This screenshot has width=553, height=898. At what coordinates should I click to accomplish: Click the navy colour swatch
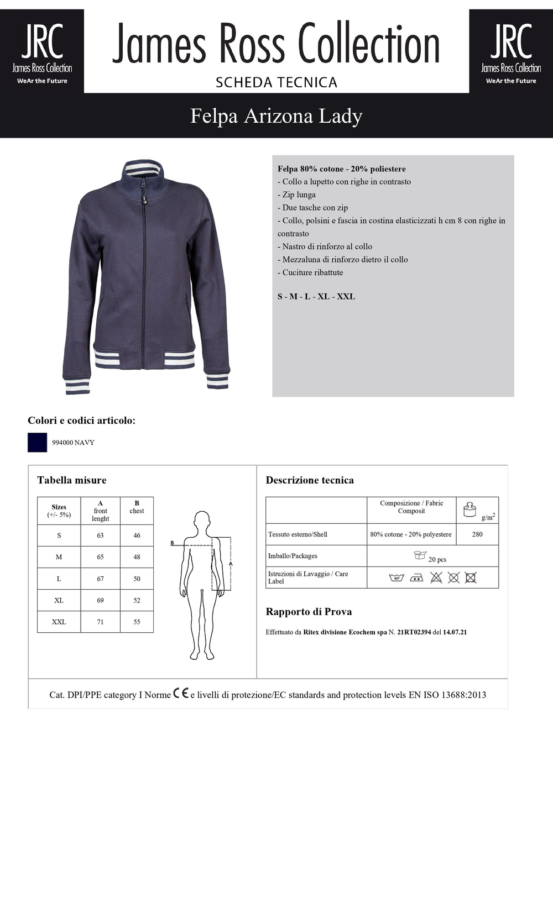click(x=37, y=443)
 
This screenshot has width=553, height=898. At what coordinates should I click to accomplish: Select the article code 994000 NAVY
click(x=73, y=443)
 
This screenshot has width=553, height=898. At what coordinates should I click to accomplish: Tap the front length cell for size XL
click(x=100, y=600)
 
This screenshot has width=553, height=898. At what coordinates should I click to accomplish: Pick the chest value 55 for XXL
click(x=137, y=622)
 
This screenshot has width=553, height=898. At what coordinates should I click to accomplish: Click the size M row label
click(x=59, y=557)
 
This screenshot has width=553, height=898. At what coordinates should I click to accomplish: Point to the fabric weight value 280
click(x=477, y=534)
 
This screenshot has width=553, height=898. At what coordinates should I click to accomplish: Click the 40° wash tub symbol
click(x=397, y=577)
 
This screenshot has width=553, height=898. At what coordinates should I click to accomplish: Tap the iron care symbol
click(x=416, y=577)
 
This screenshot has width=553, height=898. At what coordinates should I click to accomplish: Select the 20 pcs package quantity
click(x=437, y=559)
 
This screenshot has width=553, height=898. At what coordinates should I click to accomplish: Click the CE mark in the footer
click(x=180, y=694)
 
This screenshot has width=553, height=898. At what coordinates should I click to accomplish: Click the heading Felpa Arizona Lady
click(x=276, y=116)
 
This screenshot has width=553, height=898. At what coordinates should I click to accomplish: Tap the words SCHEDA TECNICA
click(x=276, y=82)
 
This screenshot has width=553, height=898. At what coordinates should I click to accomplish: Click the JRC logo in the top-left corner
click(x=42, y=51)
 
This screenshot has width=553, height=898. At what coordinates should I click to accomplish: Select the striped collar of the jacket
click(x=142, y=169)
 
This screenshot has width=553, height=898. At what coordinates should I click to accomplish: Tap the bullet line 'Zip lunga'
click(x=299, y=195)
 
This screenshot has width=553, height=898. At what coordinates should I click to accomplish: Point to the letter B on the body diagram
click(x=172, y=543)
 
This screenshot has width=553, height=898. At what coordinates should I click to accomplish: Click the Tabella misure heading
click(x=72, y=480)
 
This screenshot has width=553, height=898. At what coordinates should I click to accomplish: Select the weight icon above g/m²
click(x=469, y=510)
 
